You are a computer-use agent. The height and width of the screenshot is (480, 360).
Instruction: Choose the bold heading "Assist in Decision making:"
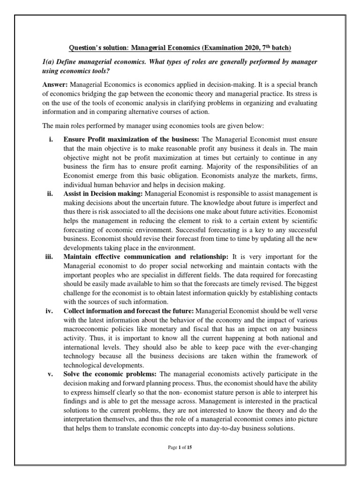pyautogui.click(x=104, y=193)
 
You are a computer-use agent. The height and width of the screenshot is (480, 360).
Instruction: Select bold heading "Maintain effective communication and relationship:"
pyautogui.click(x=146, y=256)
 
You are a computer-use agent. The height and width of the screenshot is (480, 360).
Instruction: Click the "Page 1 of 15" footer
pyautogui.click(x=180, y=448)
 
